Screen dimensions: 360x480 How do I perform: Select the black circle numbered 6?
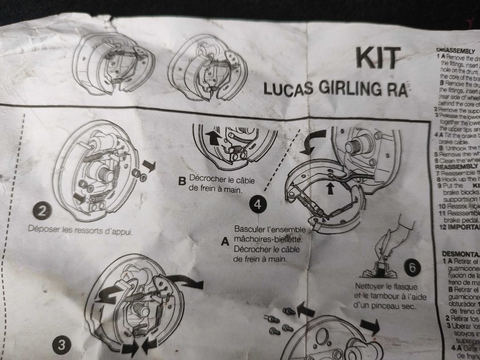[413, 267]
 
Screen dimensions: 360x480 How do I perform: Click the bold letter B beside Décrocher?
[181, 182]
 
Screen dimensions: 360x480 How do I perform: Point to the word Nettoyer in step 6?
[371, 286]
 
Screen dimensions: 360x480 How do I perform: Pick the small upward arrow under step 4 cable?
[330, 187]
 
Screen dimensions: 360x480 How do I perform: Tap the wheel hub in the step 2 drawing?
[105, 173]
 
